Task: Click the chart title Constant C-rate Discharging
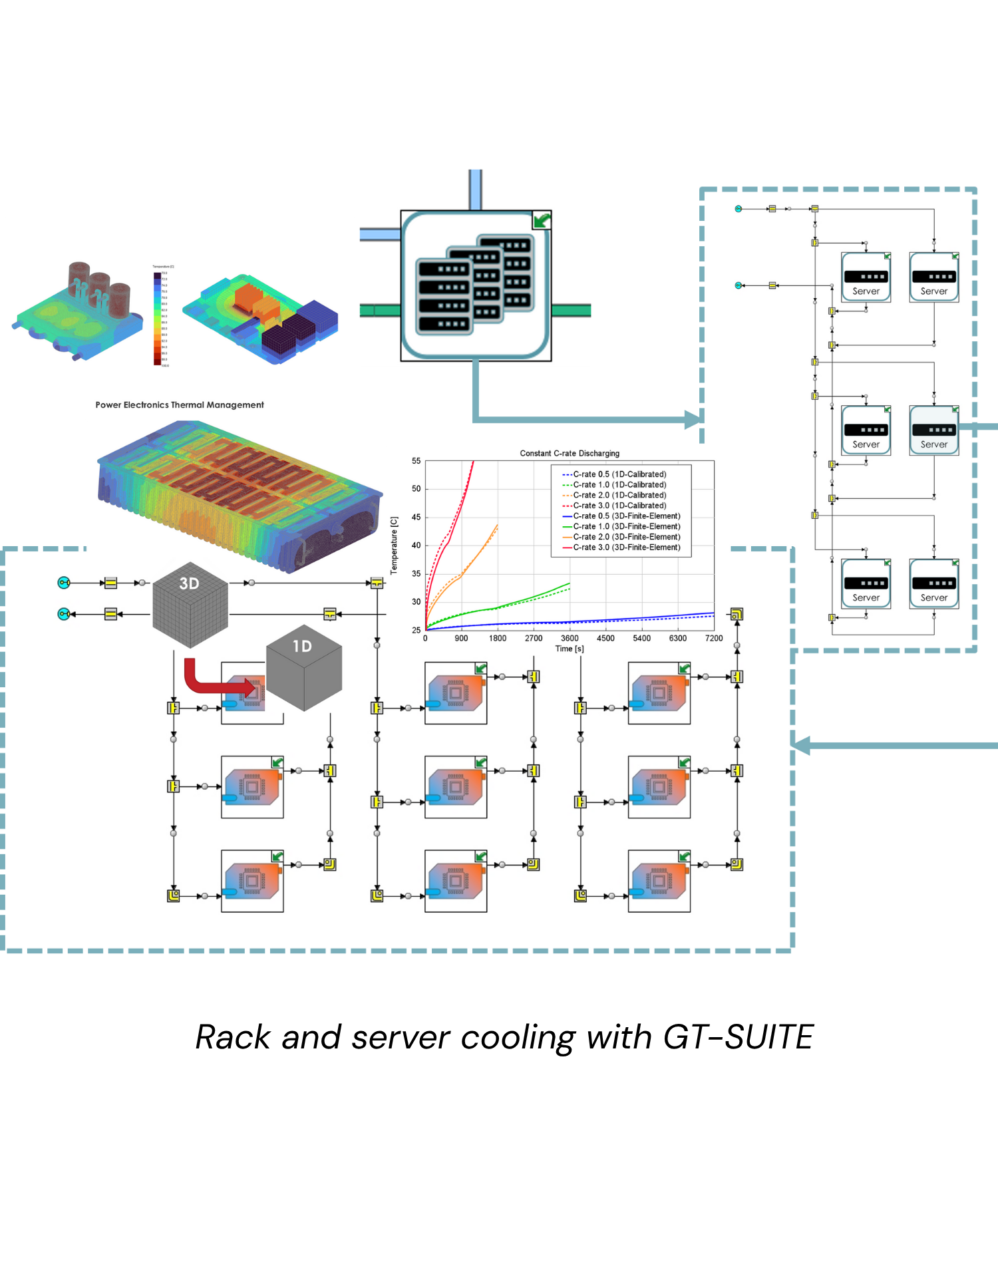(570, 453)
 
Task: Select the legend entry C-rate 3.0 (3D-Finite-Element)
(626, 548)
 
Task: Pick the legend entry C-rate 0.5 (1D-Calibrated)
(619, 474)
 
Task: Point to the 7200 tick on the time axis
(713, 638)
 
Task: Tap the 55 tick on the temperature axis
(416, 460)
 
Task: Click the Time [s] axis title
(570, 649)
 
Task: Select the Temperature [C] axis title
(395, 545)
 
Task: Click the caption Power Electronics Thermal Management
(180, 404)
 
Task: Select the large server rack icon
(475, 286)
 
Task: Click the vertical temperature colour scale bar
(158, 318)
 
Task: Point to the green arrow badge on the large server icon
(542, 220)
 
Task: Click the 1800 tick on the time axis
(498, 638)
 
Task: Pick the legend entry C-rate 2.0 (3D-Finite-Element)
(626, 537)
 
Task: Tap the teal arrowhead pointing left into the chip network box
(801, 746)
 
